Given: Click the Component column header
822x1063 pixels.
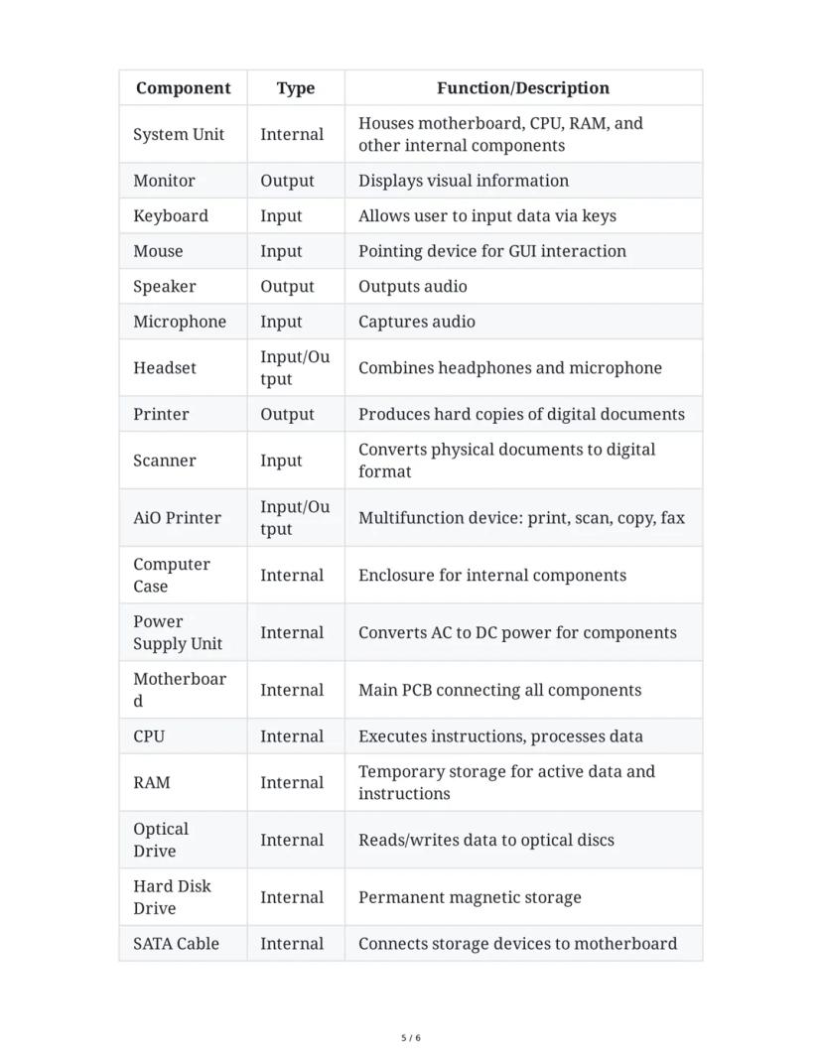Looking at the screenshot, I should [183, 88].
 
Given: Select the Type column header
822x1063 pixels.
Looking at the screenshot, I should [295, 88].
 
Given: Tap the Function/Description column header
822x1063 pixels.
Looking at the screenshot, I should [522, 88].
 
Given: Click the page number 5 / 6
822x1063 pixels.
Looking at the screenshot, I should [411, 1038].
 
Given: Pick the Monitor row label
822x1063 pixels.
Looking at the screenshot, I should [164, 181].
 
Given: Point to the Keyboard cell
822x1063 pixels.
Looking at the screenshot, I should [171, 215].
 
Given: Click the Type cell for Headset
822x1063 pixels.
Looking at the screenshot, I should [295, 367].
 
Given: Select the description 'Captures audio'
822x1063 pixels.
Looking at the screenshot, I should [417, 322].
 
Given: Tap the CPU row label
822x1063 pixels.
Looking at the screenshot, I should [149, 736].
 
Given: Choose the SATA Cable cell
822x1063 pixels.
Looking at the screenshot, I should [176, 944].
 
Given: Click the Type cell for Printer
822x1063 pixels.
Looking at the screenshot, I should [287, 414].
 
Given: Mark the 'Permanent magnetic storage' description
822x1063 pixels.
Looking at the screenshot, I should [470, 897].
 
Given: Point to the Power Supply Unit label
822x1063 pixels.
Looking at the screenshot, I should [178, 632].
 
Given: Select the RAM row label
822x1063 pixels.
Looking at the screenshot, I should [152, 782].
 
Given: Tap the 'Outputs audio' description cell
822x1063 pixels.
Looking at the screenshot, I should [413, 286].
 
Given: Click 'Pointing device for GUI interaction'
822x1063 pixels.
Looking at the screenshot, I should [492, 251].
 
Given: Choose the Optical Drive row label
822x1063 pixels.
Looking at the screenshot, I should [161, 840].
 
